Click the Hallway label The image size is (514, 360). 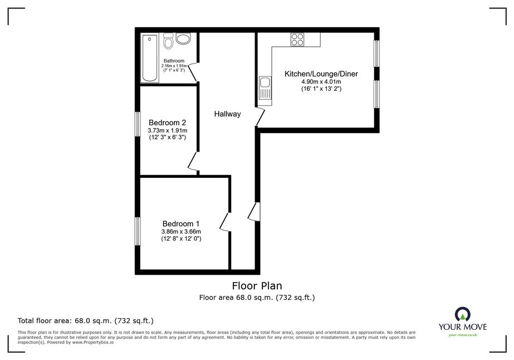point(228,114)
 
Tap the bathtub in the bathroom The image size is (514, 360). point(150,58)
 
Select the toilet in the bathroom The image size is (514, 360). point(169,41)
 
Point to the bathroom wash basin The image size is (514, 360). point(183,38)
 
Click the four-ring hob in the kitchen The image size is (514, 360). point(297,40)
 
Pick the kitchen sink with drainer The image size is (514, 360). point(265,88)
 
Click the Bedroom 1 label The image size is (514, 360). point(181,223)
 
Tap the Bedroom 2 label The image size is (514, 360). point(167,123)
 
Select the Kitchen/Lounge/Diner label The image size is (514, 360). point(321,74)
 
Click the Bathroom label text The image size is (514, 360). point(174,61)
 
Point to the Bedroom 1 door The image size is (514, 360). point(225,222)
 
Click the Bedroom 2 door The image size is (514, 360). point(193,161)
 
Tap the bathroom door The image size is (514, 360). point(193,72)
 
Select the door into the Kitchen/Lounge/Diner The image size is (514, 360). point(260,116)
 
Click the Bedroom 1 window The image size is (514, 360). point(138,231)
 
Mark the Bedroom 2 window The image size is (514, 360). point(138,124)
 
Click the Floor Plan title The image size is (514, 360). point(257,286)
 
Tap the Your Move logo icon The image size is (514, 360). point(463,314)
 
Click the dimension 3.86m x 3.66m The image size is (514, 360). point(181,231)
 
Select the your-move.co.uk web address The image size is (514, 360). point(463,335)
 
